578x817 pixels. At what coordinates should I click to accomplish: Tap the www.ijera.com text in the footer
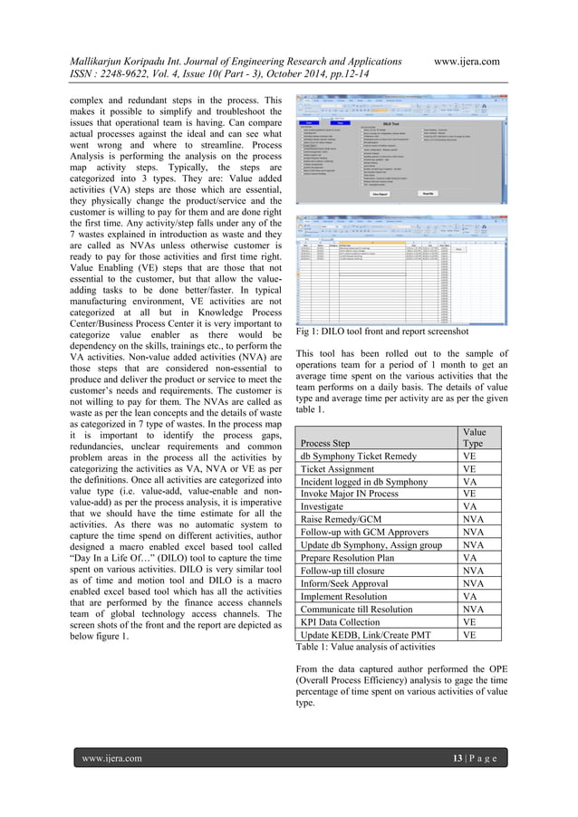(x=112, y=757)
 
